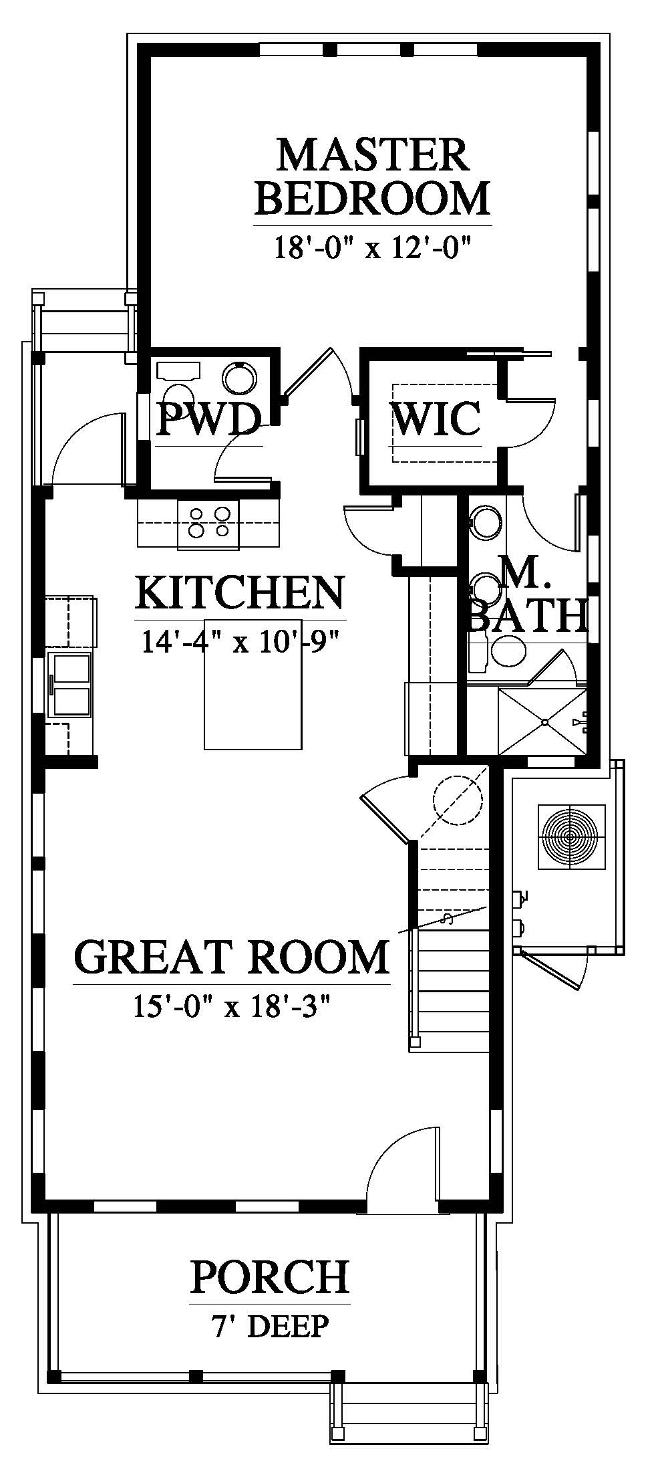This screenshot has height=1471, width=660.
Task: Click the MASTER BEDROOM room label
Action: click(373, 177)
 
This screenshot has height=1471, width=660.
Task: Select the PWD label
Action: click(208, 419)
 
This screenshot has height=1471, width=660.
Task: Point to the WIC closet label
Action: click(436, 419)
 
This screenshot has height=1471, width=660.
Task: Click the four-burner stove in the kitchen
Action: click(208, 524)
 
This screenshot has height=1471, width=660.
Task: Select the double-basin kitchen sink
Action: click(69, 685)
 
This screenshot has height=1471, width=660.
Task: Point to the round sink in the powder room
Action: click(240, 378)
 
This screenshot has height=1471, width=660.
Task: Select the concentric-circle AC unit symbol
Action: click(571, 837)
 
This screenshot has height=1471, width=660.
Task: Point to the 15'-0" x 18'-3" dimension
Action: click(232, 1006)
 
